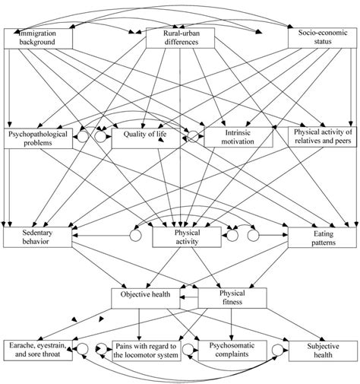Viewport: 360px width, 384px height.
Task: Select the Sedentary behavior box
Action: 39,236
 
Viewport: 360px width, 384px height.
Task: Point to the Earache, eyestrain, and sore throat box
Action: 38,350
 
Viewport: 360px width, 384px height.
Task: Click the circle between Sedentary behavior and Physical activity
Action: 137,236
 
